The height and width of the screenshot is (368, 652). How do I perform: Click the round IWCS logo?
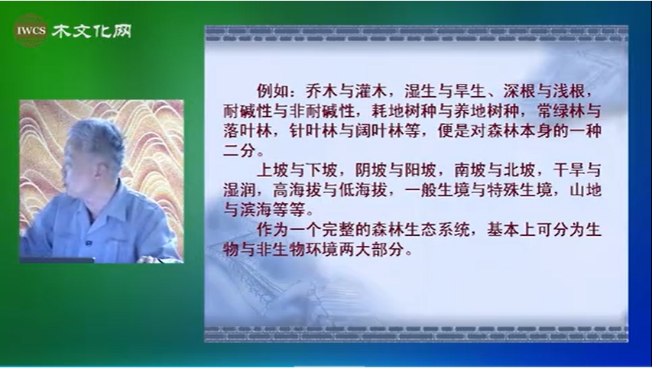[x=31, y=31]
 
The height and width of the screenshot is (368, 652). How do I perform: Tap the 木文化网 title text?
[x=92, y=31]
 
